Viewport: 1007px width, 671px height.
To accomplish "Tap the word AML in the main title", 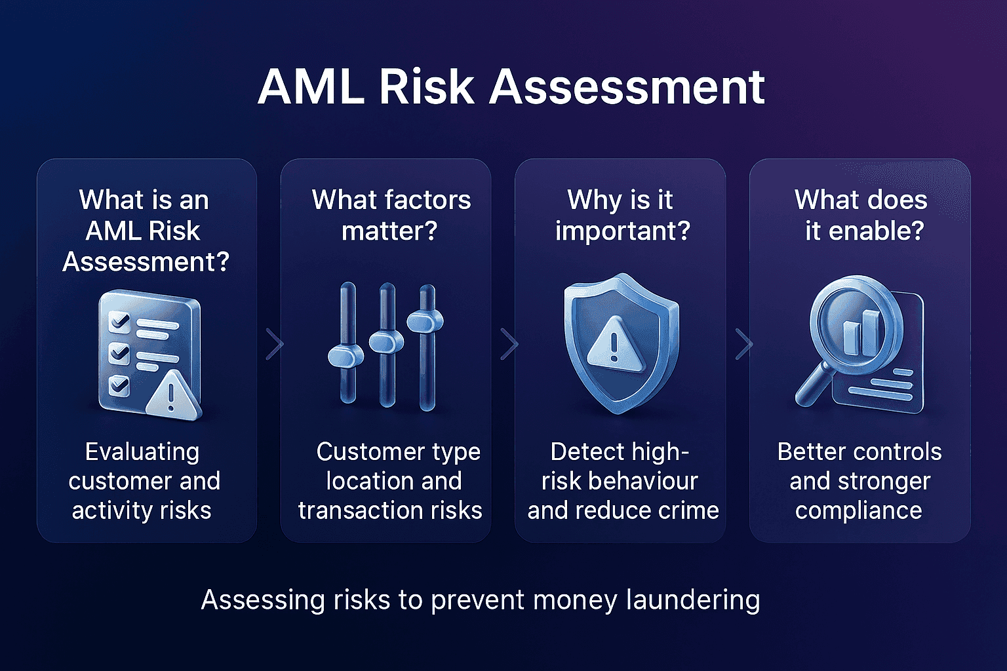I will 311,86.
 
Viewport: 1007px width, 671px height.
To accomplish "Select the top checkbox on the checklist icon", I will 119,322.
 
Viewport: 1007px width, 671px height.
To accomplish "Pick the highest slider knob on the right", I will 425,320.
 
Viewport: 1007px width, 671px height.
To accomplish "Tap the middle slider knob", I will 386,341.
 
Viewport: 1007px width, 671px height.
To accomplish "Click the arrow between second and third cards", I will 509,344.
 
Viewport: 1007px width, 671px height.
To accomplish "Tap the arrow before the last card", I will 743,344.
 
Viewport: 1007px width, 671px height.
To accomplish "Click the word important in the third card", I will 622,231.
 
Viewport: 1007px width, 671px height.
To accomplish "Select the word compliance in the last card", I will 858,510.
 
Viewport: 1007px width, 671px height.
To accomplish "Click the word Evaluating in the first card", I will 142,452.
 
